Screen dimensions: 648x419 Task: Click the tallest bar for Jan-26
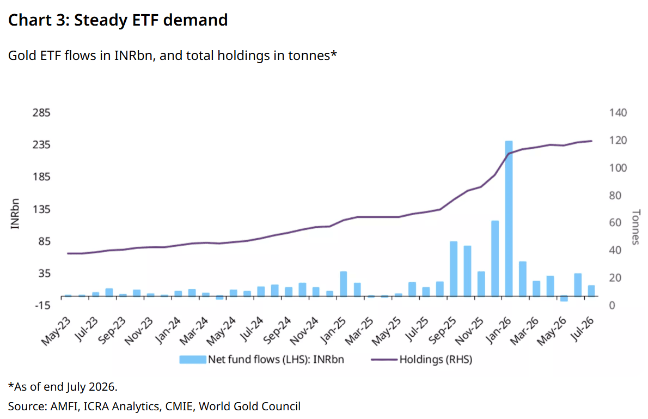point(509,218)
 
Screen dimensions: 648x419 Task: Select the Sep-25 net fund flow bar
point(454,269)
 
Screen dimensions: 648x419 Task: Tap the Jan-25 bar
point(343,284)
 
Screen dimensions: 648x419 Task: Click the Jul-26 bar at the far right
point(591,291)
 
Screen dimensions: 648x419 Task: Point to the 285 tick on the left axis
point(41,112)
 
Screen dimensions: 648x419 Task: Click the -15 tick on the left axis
point(42,305)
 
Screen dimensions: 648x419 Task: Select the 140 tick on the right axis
point(618,112)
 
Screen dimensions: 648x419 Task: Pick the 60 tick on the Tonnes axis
point(615,222)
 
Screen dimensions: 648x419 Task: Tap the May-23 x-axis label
point(56,331)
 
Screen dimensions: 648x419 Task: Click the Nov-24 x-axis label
point(304,331)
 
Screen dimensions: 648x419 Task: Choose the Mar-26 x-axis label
point(525,331)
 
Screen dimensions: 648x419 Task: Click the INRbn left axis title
point(15,214)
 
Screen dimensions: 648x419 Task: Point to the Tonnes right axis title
point(636,227)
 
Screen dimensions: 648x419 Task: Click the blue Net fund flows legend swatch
point(193,360)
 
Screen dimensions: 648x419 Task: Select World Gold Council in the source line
point(249,406)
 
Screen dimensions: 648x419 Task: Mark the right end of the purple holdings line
point(591,141)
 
